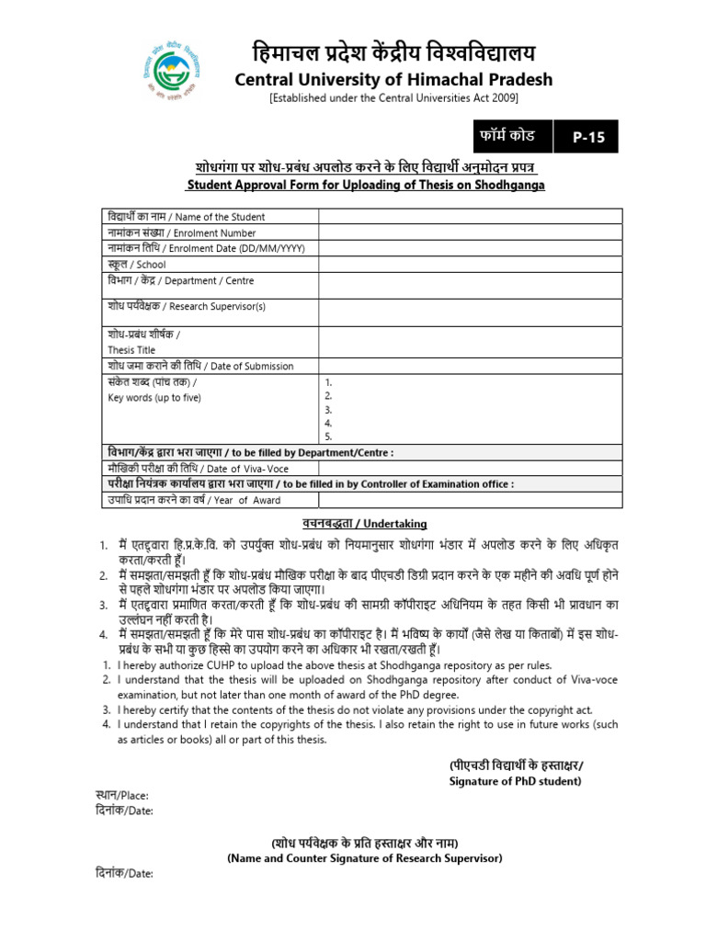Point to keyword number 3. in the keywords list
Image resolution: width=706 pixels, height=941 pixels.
(x=328, y=409)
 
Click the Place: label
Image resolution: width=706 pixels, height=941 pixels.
(x=121, y=796)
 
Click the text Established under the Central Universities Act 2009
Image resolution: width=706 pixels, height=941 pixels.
(x=393, y=98)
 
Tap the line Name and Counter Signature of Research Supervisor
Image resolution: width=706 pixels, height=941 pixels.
(x=364, y=858)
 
